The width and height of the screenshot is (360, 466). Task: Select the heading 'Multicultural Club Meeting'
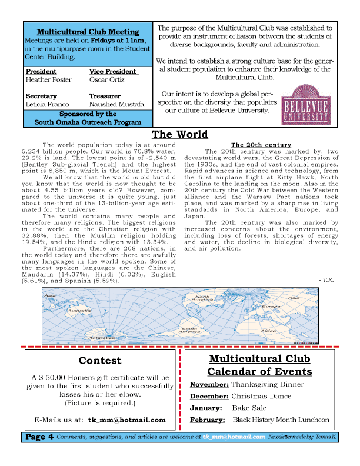point(88,32)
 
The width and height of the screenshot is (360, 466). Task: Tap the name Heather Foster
point(49,79)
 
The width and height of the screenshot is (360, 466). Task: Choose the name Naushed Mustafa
point(116,104)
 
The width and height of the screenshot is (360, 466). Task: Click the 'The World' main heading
point(180,134)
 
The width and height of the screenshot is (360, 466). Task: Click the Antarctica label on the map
point(85,338)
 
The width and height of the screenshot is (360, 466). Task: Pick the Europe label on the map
point(271,307)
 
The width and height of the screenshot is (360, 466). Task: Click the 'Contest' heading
point(100,361)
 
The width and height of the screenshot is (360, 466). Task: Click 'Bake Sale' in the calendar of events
point(249,408)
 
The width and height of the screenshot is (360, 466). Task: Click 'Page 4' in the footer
point(39,437)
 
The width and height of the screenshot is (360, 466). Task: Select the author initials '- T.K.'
point(326,280)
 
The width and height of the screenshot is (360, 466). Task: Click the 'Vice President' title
point(112,71)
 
